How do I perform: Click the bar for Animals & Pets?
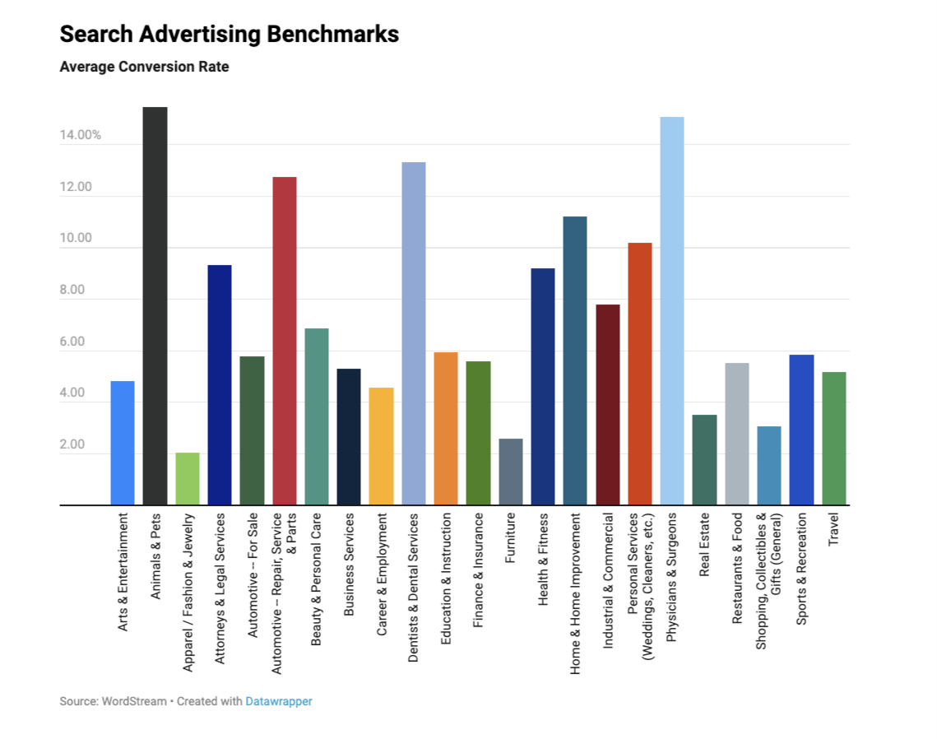click(x=155, y=305)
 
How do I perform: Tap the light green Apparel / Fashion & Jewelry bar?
click(x=187, y=478)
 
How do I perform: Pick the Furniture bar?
click(x=510, y=472)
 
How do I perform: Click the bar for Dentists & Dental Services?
click(x=413, y=333)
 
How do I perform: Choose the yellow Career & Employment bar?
click(x=381, y=446)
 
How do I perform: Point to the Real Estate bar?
click(x=704, y=459)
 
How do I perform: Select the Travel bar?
click(x=833, y=438)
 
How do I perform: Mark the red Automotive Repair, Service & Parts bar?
click(x=284, y=341)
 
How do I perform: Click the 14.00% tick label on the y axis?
click(x=80, y=135)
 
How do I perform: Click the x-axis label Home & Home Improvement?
click(x=575, y=594)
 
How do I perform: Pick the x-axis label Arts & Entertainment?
click(x=123, y=573)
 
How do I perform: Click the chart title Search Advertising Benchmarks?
click(x=229, y=35)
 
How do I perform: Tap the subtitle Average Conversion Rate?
click(x=144, y=67)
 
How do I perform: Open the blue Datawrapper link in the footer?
click(x=279, y=701)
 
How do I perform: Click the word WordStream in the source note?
click(x=133, y=701)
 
